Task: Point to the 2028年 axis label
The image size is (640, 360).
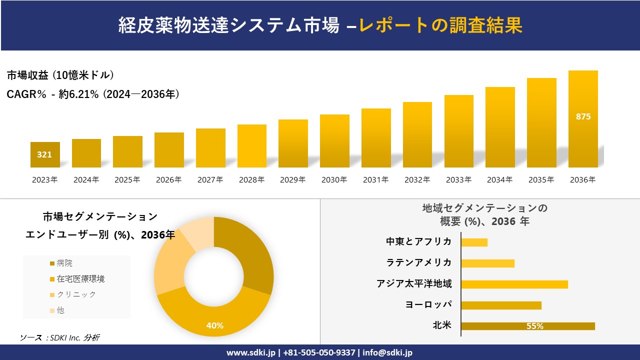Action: click(x=251, y=180)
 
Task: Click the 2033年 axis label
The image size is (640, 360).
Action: click(x=458, y=180)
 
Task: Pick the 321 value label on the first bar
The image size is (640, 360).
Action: click(x=44, y=155)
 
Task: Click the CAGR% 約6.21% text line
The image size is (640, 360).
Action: click(x=93, y=94)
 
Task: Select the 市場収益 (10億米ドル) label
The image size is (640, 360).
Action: click(x=60, y=75)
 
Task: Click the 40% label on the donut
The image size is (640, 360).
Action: click(x=215, y=325)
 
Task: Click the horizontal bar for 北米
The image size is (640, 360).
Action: click(x=527, y=326)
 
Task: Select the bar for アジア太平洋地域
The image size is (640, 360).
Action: click(x=514, y=284)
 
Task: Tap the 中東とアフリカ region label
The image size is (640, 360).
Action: click(x=418, y=242)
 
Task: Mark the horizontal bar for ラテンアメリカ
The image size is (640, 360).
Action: click(x=487, y=263)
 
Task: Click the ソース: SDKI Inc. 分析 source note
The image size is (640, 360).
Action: click(x=59, y=337)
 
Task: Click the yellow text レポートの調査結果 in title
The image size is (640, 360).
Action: click(x=440, y=25)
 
